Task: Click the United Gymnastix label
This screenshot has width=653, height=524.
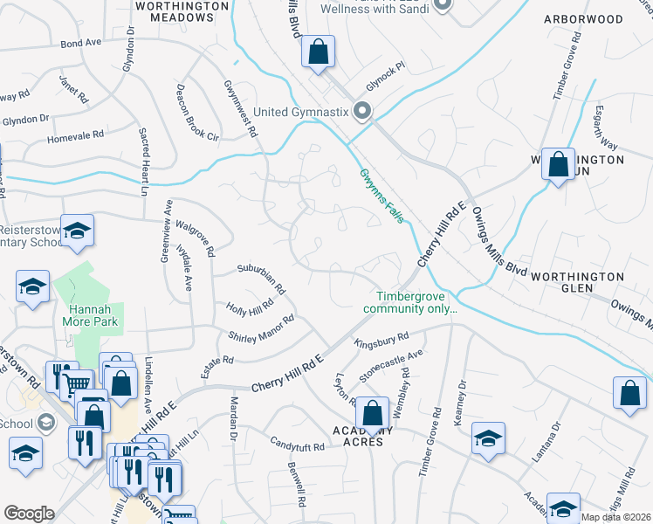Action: tap(300, 112)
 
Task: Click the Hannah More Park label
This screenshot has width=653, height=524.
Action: tap(91, 314)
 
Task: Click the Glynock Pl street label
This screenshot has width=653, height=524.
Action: tap(386, 65)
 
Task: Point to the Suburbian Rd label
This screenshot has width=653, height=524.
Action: tap(262, 277)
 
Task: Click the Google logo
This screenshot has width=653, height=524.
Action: tap(29, 514)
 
